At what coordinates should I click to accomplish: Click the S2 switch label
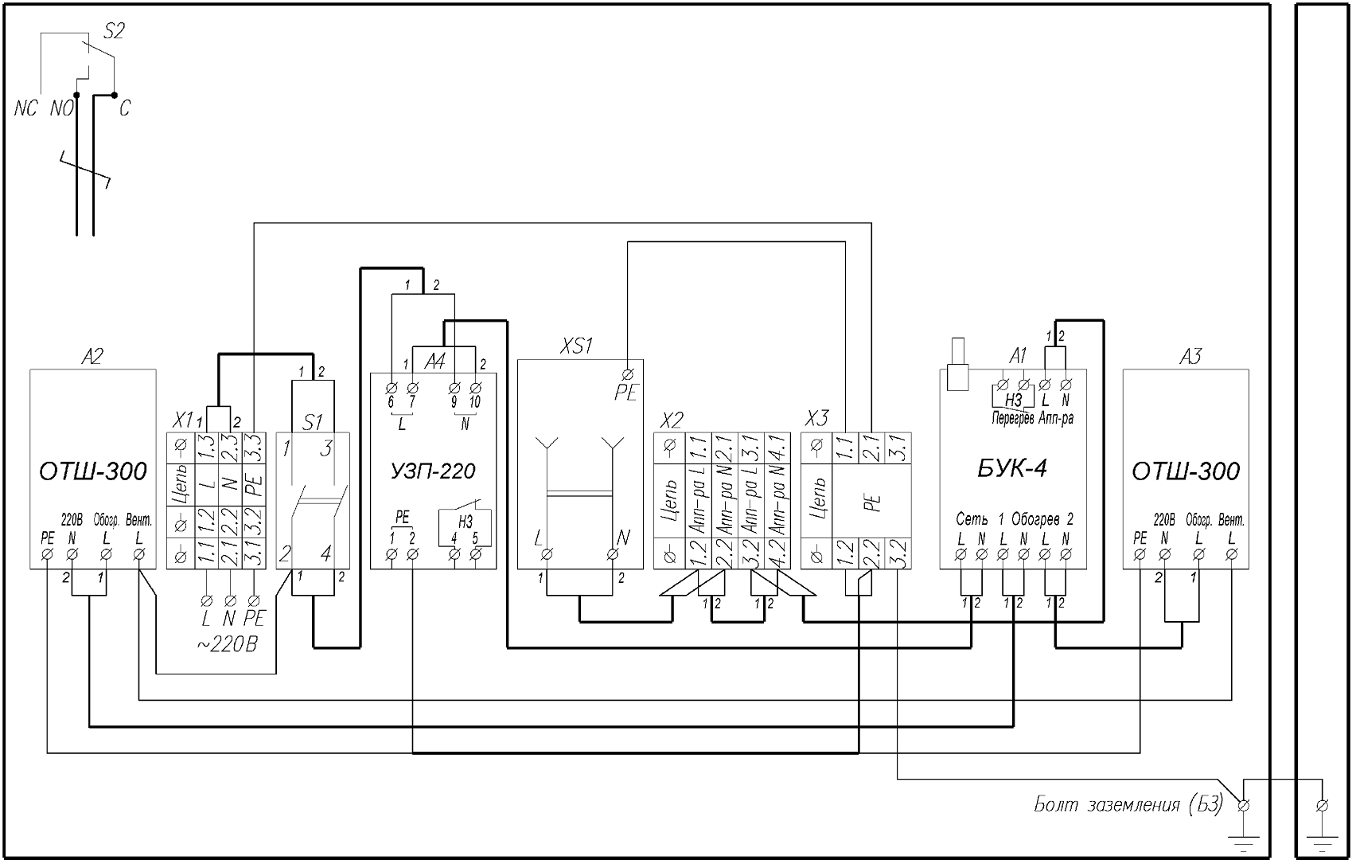(x=115, y=31)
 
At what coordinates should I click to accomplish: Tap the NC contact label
(x=25, y=109)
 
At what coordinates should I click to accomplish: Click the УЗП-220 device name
(x=433, y=471)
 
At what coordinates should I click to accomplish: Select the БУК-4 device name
(x=1011, y=468)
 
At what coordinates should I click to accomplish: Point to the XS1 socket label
(x=577, y=347)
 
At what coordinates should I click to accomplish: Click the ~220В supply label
(x=226, y=644)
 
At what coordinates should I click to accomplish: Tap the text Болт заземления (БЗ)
(x=1128, y=805)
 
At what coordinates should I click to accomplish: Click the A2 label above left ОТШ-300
(x=92, y=358)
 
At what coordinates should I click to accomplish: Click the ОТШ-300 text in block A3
(x=1186, y=472)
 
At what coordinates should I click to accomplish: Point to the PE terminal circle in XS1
(x=627, y=373)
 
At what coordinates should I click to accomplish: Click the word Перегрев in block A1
(x=1012, y=418)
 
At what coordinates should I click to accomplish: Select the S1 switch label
(x=313, y=421)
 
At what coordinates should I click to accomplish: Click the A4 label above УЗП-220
(x=434, y=362)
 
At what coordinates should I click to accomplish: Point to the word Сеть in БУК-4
(x=972, y=519)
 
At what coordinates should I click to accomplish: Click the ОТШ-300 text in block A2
(x=93, y=472)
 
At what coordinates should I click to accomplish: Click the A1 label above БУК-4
(x=1018, y=356)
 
